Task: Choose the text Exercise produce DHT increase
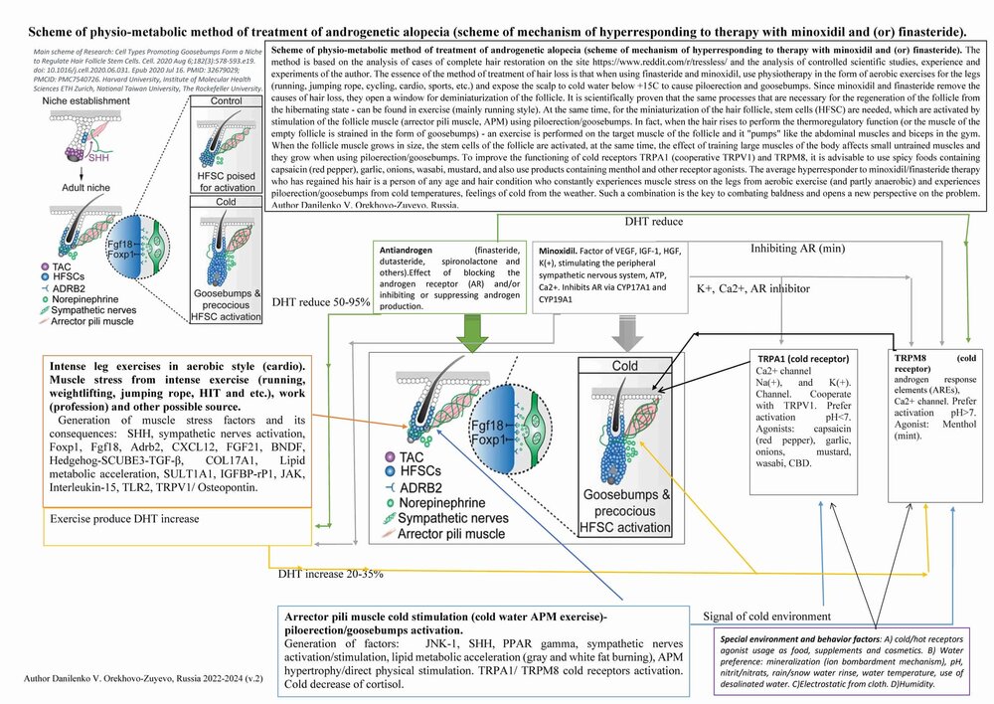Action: click(x=117, y=519)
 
